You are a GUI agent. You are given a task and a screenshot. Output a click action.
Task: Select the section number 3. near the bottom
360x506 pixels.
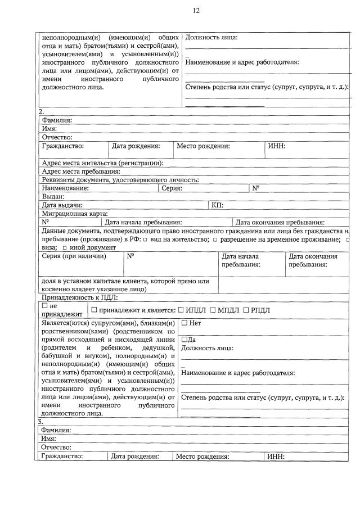click(x=40, y=421)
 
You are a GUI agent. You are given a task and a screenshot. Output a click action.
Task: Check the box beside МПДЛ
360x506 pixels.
click(x=213, y=310)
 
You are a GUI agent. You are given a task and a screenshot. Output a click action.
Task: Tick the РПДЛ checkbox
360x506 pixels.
click(x=246, y=310)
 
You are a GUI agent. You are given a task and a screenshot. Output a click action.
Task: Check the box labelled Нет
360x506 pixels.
click(x=184, y=323)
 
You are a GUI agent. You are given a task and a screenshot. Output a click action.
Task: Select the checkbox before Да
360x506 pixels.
click(x=184, y=340)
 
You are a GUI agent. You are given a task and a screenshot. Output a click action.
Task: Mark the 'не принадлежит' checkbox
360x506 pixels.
click(x=45, y=305)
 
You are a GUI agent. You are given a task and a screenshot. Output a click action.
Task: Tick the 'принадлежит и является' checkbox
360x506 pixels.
click(x=94, y=310)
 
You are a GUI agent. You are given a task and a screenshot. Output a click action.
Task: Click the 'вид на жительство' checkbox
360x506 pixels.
click(x=145, y=240)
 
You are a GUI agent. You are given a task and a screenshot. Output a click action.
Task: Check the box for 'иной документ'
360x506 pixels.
click(x=65, y=247)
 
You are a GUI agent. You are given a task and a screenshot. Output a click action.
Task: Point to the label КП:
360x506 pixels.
click(x=218, y=205)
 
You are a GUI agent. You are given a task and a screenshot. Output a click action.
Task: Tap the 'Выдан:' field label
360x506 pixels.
click(x=53, y=197)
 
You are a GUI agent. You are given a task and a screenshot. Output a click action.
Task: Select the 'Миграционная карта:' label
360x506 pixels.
click(x=74, y=214)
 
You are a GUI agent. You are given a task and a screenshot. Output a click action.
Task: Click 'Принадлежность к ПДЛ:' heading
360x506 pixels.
click(x=80, y=297)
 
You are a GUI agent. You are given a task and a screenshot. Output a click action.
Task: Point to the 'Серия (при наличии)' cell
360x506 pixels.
click(x=74, y=256)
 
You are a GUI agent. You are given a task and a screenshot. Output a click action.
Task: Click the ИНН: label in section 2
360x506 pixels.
click(x=277, y=146)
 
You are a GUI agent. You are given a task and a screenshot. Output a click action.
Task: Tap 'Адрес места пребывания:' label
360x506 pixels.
click(x=81, y=171)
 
